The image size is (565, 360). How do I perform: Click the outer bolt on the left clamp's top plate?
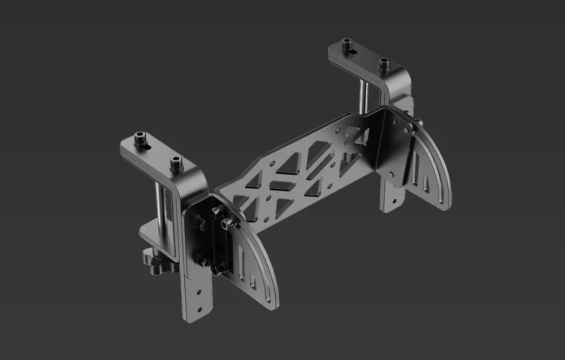pyautogui.click(x=140, y=137)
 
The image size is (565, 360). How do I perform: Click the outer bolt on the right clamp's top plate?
pyautogui.click(x=346, y=44)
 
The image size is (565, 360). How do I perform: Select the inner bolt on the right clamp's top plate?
pyautogui.click(x=384, y=63)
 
